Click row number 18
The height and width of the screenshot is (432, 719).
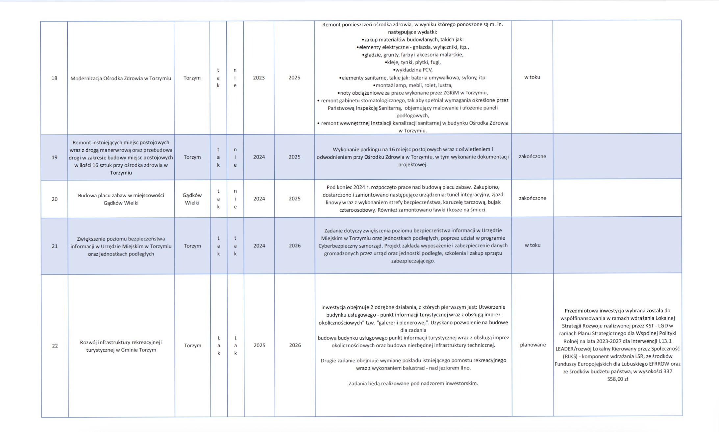(54, 78)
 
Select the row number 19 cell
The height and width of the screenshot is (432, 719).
(55, 157)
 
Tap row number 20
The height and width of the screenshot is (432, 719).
(55, 199)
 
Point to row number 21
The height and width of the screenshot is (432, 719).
(55, 246)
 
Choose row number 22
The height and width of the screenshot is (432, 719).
(55, 346)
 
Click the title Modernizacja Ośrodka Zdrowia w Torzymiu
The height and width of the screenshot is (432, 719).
(121, 78)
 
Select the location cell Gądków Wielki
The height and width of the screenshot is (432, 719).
(192, 199)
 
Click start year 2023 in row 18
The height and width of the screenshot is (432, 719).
(259, 78)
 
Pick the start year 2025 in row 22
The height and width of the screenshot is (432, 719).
(260, 346)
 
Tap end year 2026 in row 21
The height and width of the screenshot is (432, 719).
(295, 246)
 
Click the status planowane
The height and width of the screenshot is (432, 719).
(533, 345)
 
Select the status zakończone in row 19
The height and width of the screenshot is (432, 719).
(533, 156)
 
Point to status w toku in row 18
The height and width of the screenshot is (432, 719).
(532, 77)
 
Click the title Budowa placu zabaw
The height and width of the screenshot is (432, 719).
(121, 199)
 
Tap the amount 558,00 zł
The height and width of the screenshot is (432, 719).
(618, 379)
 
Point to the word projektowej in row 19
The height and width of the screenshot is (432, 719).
(413, 165)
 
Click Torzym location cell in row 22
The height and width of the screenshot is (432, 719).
(193, 346)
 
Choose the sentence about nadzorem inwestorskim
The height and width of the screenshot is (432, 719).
(413, 383)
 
